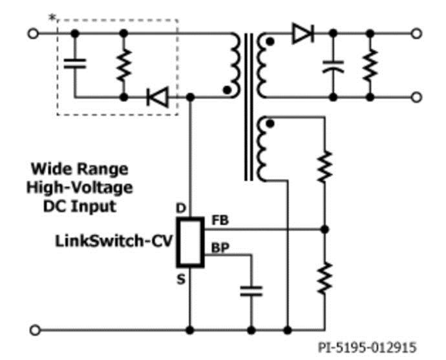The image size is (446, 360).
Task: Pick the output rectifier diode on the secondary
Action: pyautogui.click(x=301, y=34)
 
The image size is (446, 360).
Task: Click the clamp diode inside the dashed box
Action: pyautogui.click(x=156, y=98)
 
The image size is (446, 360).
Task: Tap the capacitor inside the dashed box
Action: pyautogui.click(x=75, y=63)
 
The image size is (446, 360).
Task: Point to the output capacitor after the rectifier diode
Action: pyautogui.click(x=334, y=64)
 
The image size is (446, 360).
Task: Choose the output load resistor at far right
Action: pyautogui.click(x=370, y=63)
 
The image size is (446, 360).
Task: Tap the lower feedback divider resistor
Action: pyautogui.click(x=324, y=277)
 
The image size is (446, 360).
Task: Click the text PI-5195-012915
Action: pyautogui.click(x=367, y=348)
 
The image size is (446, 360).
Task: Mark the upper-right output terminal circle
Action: pyautogui.click(x=417, y=33)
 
